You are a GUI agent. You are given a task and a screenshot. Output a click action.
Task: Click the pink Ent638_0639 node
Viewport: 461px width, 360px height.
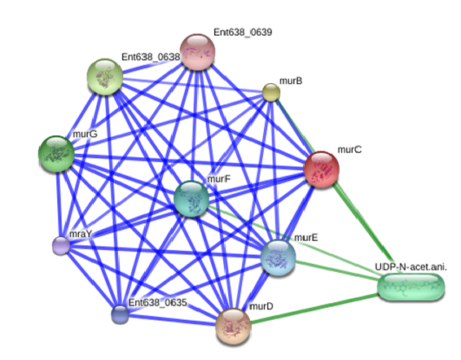coord(197,52)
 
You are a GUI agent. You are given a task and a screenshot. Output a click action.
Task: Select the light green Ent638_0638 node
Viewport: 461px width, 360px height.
coord(105,77)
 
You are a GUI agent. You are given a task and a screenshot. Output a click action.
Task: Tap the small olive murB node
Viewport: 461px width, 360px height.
coord(270,92)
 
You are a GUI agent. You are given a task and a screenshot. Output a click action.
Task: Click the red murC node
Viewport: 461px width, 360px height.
coord(322,169)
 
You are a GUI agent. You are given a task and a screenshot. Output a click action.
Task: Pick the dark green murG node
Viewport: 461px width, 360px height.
coord(56,153)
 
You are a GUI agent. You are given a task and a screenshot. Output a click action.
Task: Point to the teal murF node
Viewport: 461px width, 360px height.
coord(191,199)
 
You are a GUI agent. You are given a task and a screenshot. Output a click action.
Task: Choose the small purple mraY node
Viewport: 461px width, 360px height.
coord(61,246)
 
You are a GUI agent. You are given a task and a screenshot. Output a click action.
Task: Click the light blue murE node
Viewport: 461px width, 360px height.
coord(278,257)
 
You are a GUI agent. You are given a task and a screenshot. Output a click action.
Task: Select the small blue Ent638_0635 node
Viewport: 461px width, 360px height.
coord(120,314)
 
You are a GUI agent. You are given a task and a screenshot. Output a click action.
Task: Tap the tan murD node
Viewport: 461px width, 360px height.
coord(234,326)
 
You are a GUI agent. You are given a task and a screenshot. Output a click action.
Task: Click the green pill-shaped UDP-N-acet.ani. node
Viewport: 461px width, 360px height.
coord(411,287)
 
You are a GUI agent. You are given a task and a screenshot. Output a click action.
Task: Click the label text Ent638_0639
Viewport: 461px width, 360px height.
coord(243,32)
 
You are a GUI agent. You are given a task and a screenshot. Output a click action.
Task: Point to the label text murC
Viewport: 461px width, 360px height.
coord(349,150)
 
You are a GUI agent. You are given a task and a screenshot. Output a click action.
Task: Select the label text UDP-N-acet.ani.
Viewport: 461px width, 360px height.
coord(411,267)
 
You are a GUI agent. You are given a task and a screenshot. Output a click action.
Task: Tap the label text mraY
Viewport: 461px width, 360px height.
coord(81,234)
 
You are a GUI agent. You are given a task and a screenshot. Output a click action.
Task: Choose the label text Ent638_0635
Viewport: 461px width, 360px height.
coord(157,302)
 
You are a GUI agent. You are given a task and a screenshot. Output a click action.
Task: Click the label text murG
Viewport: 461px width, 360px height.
coord(85,134)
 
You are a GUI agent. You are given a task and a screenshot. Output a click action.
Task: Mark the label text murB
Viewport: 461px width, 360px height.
coord(291,81)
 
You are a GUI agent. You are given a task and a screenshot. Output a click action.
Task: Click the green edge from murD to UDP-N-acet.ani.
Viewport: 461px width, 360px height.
coord(314,309)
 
